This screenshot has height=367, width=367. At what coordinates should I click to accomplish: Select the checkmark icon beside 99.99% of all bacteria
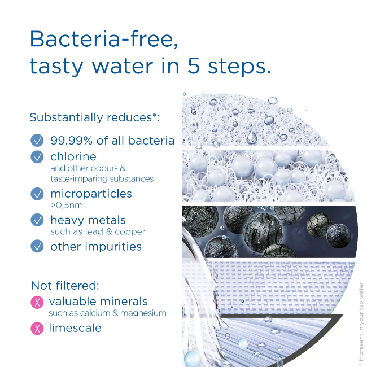pos(37,141)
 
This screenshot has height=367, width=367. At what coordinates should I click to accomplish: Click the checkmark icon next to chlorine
pos(37,157)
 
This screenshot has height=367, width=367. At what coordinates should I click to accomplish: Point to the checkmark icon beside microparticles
pos(37,194)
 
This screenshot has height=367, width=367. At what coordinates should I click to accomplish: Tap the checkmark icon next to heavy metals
pos(37,221)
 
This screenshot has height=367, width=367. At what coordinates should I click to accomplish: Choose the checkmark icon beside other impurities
pos(37,246)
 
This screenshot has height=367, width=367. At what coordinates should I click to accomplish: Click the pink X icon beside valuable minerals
pos(37,302)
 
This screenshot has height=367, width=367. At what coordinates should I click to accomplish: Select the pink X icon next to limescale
pos(37,328)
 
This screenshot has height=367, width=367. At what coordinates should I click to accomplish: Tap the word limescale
pos(75,328)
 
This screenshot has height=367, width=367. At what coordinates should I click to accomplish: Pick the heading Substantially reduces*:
pos(94,118)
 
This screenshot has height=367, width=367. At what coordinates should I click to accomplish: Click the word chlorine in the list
pos(73,156)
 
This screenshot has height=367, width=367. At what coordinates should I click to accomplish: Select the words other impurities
pos(96,246)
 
